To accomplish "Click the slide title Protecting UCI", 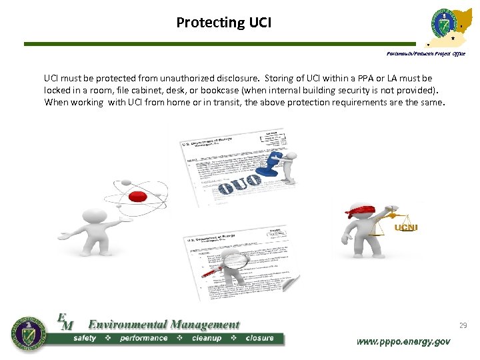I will point(223,23).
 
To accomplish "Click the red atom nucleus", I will point(137,196).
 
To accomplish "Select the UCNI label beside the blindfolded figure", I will point(405,228).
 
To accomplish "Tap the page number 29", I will point(463,325).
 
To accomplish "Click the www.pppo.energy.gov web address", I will point(403,341).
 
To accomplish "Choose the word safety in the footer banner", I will point(85,338).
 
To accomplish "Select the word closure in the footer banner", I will point(259,338).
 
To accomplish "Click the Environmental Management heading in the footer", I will point(163,325).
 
